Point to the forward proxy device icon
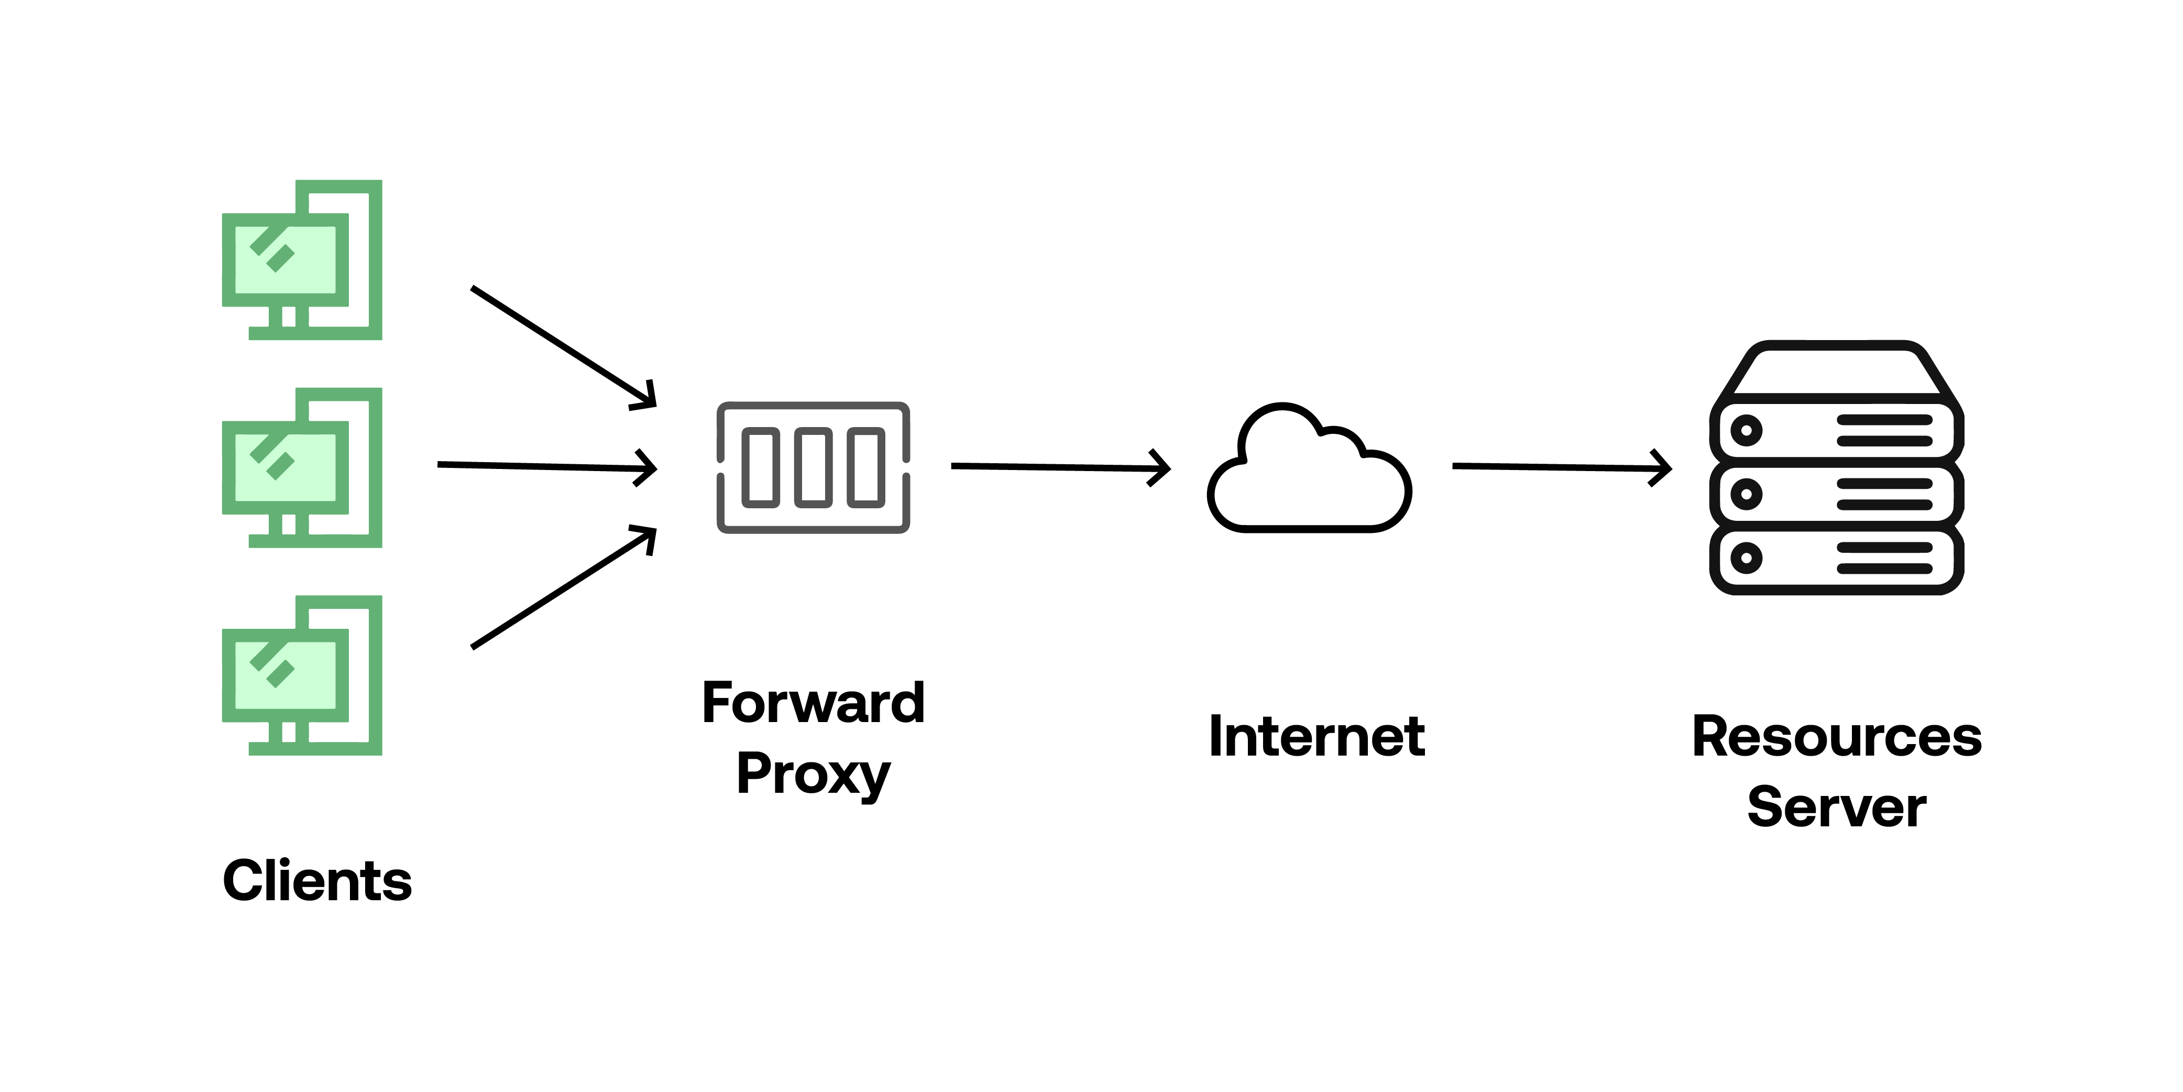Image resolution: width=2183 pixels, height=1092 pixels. [x=813, y=467]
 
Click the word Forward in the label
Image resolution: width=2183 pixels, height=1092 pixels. [x=813, y=702]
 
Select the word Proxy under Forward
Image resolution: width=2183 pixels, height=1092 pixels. [x=813, y=773]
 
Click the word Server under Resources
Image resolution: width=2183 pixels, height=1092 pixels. [x=1836, y=807]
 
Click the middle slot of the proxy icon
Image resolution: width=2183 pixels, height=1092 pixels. [x=813, y=467]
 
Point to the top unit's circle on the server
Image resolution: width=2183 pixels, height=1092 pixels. [x=1746, y=430]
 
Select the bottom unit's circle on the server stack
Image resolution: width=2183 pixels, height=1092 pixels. [x=1746, y=558]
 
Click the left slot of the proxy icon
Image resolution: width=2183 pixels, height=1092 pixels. [x=760, y=467]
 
